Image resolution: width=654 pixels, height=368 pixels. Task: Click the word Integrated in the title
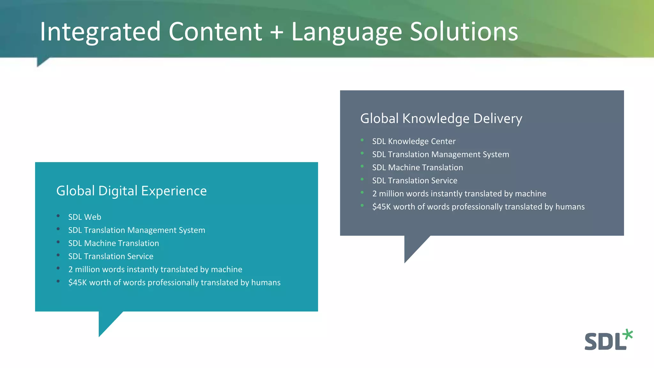point(100,32)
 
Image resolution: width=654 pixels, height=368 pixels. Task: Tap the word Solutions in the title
point(464,32)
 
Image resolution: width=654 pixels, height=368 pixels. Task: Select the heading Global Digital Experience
point(131,191)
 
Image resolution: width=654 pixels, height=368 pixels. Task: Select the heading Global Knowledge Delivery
point(441,119)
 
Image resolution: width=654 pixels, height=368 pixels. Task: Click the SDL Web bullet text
point(85,217)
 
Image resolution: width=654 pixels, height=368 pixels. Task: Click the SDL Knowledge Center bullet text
point(414,141)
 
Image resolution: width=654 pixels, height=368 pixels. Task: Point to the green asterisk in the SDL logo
point(628,334)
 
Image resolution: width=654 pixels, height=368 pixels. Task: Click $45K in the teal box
point(78,282)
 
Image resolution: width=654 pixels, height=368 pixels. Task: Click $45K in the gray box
point(381,207)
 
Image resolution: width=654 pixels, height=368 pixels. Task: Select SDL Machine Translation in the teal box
point(113,243)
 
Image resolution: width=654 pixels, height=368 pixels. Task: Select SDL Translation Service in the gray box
point(414,180)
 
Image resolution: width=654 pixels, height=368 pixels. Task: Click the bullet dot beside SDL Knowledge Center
point(362,140)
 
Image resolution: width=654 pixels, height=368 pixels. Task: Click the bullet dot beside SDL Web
point(58,216)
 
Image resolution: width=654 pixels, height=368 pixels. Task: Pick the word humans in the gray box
point(570,207)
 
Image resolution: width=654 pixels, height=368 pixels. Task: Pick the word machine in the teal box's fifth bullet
point(226,269)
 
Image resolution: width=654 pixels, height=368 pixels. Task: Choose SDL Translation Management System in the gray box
point(440,154)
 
